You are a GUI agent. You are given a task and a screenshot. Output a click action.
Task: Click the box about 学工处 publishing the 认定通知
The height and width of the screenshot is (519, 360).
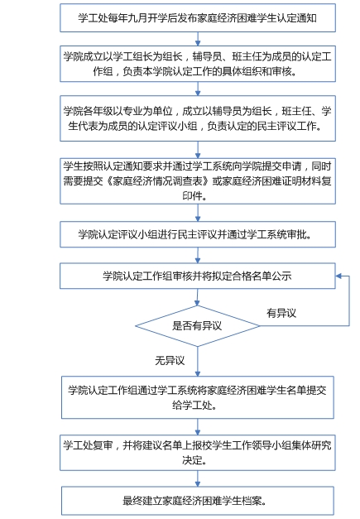pos(198,18)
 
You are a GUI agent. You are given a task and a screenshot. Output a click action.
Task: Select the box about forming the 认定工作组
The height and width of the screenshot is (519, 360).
pos(198,64)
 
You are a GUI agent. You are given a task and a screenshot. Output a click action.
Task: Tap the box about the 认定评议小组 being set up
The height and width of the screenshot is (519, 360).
pos(198,118)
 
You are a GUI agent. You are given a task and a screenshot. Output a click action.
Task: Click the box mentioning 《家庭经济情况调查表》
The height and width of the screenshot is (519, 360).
pos(198,181)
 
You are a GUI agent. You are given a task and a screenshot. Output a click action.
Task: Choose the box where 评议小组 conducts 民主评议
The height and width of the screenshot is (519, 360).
pos(198,234)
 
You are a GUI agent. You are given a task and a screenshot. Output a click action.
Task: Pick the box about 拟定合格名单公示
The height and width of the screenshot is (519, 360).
pos(198,276)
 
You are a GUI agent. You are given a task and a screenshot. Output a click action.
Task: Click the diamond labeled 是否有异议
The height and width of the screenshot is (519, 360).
pos(198,326)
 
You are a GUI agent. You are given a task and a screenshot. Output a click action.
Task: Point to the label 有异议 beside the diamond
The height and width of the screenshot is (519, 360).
pos(281,313)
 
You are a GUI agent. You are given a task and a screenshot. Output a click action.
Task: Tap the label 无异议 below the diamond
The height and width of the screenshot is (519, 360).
pos(170,360)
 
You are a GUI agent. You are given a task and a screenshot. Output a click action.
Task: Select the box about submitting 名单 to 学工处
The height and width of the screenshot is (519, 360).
pos(198,397)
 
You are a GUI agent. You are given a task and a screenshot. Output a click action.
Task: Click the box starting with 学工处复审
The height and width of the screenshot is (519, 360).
pos(198,453)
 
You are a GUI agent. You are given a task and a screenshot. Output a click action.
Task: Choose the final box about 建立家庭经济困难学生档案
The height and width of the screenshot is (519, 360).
pos(198,501)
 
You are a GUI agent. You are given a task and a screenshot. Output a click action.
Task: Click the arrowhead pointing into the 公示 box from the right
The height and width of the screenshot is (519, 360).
pos(338,276)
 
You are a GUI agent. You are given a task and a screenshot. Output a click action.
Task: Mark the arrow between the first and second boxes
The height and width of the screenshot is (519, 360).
pos(198,39)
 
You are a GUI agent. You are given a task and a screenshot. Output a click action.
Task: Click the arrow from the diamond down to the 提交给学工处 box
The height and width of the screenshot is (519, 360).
pos(198,362)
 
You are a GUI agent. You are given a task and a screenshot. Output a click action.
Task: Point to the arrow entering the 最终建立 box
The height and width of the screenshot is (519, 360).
pos(198,478)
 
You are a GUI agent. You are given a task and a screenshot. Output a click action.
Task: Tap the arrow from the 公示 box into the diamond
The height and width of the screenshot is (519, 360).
pos(197,297)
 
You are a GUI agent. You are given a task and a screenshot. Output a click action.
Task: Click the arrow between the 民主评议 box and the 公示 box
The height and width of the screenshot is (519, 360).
pos(198,255)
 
